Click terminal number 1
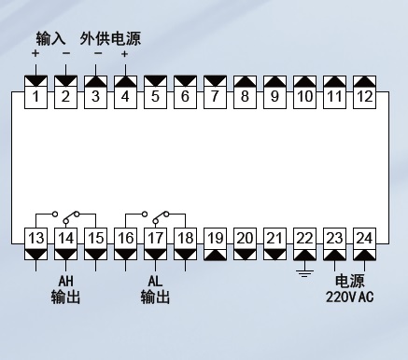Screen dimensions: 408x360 tap(35, 96)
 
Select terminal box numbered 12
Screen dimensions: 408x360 tap(364, 96)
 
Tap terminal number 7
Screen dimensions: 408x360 tap(215, 96)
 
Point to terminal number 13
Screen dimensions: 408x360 tap(35, 239)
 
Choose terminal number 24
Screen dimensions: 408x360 tap(364, 239)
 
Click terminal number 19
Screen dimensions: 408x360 tap(215, 239)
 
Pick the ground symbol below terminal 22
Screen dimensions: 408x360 tap(304, 273)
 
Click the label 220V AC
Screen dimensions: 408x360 tap(349, 297)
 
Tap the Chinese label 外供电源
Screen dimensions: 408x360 tap(110, 38)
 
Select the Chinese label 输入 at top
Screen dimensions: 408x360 tap(50, 38)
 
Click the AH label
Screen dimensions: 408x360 tap(65, 281)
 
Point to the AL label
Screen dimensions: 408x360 tap(155, 281)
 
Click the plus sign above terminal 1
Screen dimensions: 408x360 tap(35, 53)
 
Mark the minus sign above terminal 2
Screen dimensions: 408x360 tap(66, 53)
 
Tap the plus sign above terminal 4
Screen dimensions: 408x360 tap(124, 54)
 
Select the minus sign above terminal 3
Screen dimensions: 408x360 tap(98, 53)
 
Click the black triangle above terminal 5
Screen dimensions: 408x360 tap(155, 81)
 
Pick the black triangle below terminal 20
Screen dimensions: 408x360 tap(245, 255)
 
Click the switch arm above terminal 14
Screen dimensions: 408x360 tap(71, 217)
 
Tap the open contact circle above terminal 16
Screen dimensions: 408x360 tap(145, 214)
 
